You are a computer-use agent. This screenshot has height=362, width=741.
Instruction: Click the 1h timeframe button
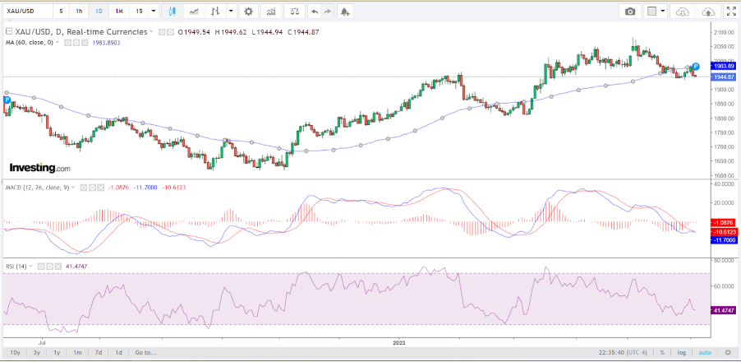79,12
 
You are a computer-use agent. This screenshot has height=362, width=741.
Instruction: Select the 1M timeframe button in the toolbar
119,12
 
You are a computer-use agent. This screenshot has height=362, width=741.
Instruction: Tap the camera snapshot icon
630,12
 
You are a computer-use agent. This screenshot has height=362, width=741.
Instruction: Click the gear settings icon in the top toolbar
249,12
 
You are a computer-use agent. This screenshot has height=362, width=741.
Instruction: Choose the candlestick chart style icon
173,12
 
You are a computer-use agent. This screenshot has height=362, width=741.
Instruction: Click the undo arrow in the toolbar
315,12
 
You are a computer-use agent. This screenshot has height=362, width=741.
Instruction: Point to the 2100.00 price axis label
724,32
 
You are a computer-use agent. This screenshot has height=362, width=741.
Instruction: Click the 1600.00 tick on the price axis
724,175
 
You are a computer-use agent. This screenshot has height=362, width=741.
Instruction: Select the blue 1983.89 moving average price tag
724,66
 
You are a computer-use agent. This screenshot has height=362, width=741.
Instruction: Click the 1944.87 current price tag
724,77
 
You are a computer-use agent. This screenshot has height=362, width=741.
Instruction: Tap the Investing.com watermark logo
39,168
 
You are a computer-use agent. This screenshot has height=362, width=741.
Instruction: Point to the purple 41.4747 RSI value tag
724,309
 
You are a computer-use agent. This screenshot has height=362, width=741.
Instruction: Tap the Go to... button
146,352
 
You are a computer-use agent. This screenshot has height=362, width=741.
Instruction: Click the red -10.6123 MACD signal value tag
724,231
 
